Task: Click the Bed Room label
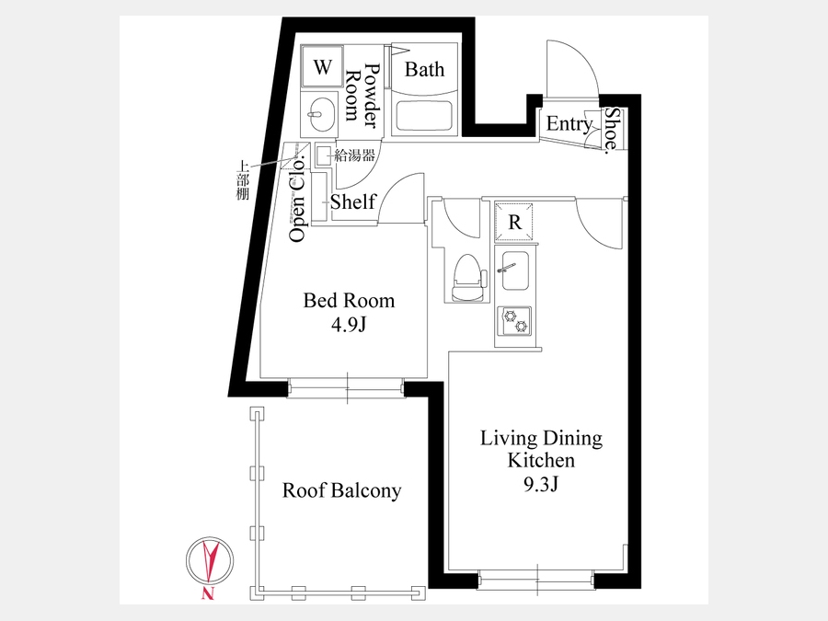coord(349,301)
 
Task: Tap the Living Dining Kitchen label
coord(541,449)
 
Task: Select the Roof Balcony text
coord(341,490)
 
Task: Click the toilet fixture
coord(468,278)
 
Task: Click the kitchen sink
coord(516,270)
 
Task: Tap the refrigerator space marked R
coord(513,223)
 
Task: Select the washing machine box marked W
coord(322,67)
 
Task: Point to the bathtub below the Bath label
coord(424,117)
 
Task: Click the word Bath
coord(424,69)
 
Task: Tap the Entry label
coord(569,124)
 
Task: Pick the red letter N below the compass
coord(208,593)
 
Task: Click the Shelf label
coord(352,201)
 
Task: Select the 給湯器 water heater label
coord(354,155)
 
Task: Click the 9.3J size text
coord(541,484)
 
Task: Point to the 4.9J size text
coord(349,325)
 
